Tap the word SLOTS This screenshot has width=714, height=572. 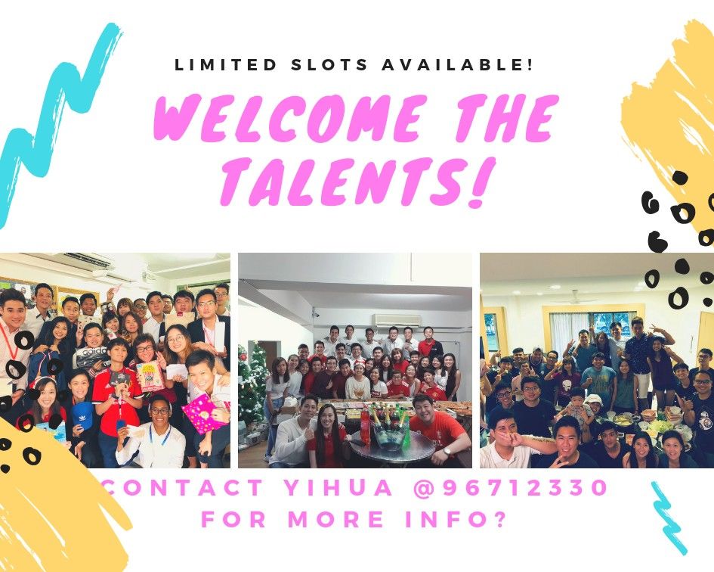coord(329,65)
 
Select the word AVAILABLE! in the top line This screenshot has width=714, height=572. coord(456,65)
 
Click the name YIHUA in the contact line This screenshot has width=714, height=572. coord(338,487)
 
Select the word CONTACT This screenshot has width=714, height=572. coord(183,487)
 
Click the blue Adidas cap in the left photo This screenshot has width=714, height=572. coord(82,414)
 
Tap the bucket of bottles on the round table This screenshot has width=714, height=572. coord(387,427)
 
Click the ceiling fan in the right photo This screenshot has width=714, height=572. coord(575,298)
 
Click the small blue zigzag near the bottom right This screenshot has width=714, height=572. coord(669,517)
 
